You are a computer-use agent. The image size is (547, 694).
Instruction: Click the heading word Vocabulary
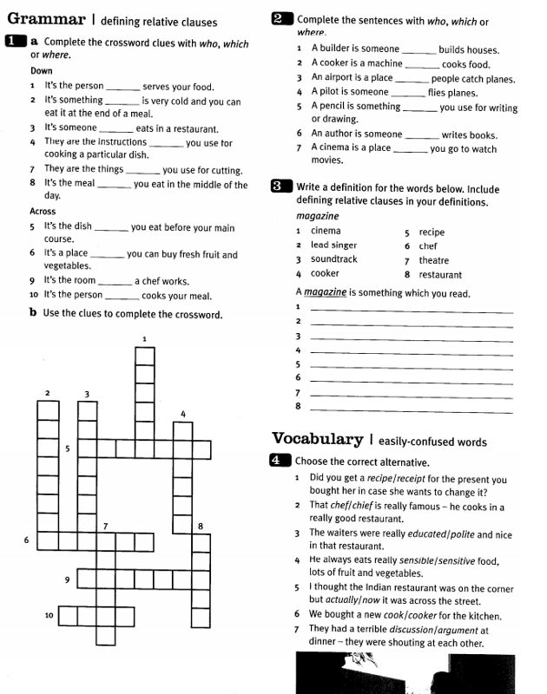pos(317,439)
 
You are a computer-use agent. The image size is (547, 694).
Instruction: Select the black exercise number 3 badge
pos(280,186)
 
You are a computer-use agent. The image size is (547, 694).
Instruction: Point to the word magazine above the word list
pos(318,215)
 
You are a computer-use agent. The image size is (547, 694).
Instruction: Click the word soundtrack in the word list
pos(333,259)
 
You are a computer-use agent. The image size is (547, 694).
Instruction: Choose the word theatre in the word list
pos(433,260)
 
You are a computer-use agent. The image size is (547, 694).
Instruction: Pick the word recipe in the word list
pos(432,232)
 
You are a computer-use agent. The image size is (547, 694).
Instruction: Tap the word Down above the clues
pos(42,71)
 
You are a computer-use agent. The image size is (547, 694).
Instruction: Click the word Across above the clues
pos(43,211)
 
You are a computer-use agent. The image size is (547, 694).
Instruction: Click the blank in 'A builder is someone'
pos(419,50)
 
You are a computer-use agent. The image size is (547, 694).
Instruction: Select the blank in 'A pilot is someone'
pos(408,93)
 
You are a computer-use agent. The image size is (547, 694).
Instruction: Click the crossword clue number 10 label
pos(49,615)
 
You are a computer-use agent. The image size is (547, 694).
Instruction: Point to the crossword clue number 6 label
pos(27,540)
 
